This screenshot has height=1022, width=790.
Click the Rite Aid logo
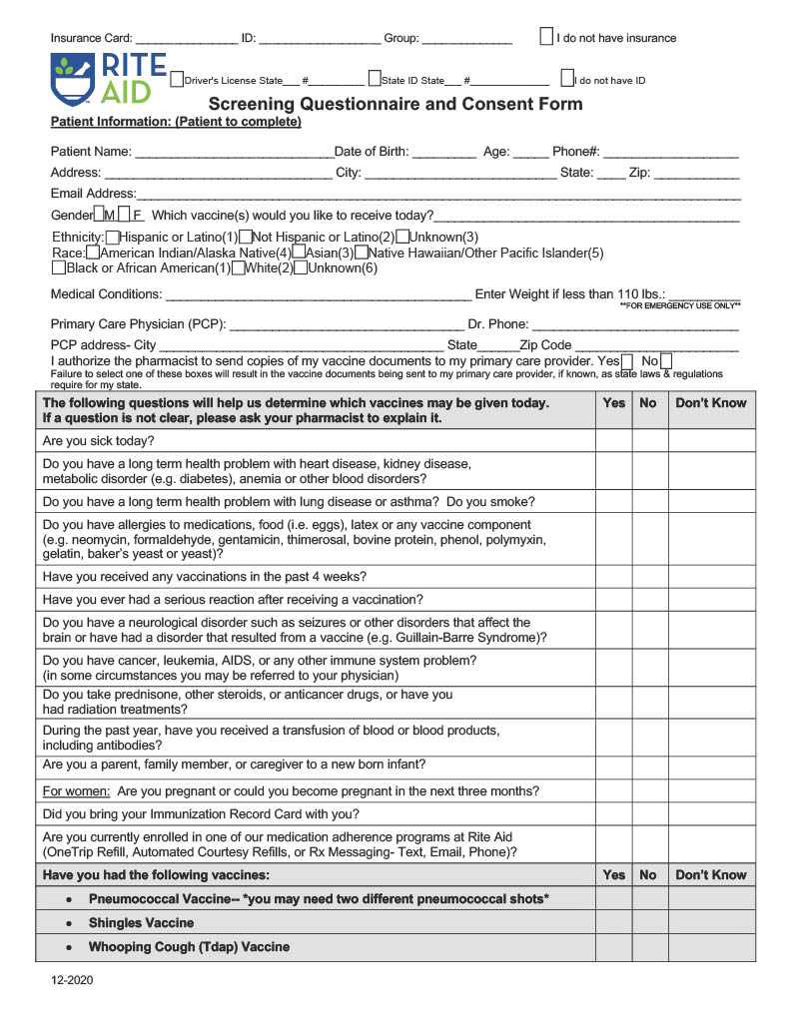pos(102,80)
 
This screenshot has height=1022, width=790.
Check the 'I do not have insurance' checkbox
pos(546,37)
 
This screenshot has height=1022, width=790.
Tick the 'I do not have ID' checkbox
pos(566,78)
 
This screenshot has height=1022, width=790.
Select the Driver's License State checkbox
pos(177,79)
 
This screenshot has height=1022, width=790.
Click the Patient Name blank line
pos(233,153)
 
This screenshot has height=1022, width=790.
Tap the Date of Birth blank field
pos(443,153)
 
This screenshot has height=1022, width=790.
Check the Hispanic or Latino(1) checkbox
pos(112,238)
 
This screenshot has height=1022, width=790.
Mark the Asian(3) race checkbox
pos(299,254)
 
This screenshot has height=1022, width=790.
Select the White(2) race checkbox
pos(238,268)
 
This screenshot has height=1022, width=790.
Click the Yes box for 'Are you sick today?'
pos(614,440)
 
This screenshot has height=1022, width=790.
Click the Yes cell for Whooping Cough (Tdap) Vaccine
pos(614,947)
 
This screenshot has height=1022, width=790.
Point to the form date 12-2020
pos(67,982)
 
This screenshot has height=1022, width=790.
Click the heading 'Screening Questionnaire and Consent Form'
pos(395,104)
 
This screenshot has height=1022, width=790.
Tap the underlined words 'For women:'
pos(76,791)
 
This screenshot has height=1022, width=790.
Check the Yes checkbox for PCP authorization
pos(627,360)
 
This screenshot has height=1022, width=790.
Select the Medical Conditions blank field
pos(318,294)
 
